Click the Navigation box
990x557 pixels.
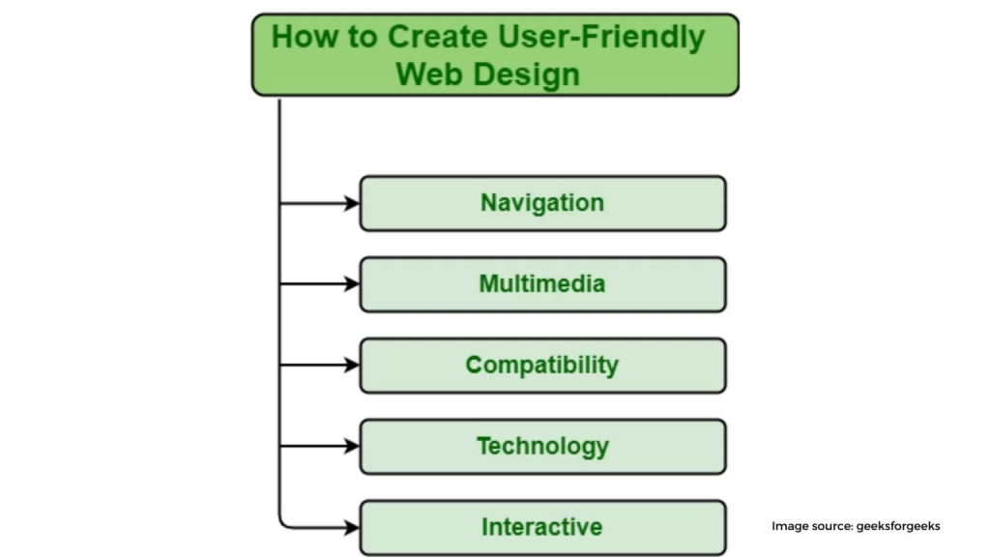(543, 203)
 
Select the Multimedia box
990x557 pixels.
(543, 284)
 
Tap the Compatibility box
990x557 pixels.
(543, 365)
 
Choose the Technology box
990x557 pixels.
(543, 447)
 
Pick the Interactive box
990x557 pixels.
(543, 527)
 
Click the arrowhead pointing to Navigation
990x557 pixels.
(352, 203)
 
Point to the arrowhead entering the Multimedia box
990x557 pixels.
(352, 284)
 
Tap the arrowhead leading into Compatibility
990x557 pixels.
(352, 365)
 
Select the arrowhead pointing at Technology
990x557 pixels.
(352, 447)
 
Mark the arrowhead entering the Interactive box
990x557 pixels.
(352, 527)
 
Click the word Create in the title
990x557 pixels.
(436, 37)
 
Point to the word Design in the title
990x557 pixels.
(527, 75)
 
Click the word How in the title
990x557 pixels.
(305, 37)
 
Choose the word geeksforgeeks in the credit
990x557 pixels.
(898, 527)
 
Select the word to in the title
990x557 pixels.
(362, 38)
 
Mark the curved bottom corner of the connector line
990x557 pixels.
(283, 523)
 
